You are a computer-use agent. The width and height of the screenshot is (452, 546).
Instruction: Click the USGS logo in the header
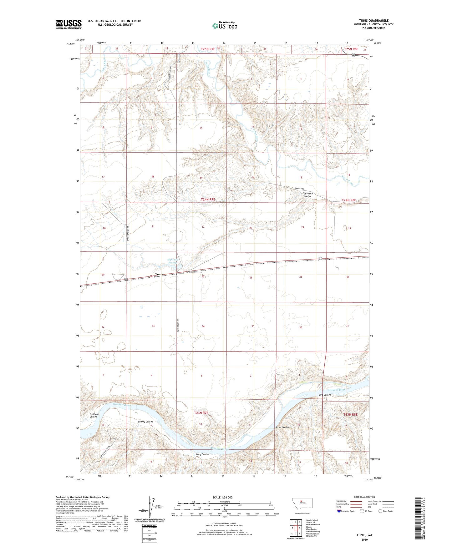pyautogui.click(x=69, y=24)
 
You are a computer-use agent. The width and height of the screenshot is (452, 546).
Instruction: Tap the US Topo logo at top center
pyautogui.click(x=224, y=25)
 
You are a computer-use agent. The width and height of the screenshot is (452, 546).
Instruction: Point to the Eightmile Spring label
pyautogui.click(x=173, y=261)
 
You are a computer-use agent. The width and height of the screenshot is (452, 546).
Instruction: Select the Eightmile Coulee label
pyautogui.click(x=307, y=195)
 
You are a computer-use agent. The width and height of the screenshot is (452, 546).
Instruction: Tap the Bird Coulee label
pyautogui.click(x=325, y=395)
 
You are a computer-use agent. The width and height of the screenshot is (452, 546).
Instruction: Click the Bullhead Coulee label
pyautogui.click(x=94, y=415)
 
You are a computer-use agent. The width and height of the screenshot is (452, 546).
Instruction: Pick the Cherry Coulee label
pyautogui.click(x=145, y=422)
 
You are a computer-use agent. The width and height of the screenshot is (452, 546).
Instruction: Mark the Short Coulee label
pyautogui.click(x=282, y=427)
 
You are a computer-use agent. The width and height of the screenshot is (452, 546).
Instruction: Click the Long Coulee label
pyautogui.click(x=202, y=454)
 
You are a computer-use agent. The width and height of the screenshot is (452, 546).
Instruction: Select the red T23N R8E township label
pyautogui.click(x=350, y=414)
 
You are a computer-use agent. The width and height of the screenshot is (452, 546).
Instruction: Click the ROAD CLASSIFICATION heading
pyautogui.click(x=364, y=497)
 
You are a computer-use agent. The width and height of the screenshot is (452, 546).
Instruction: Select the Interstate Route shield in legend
pyautogui.click(x=339, y=511)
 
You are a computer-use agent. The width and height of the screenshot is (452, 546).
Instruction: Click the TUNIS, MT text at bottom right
pyautogui.click(x=364, y=535)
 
